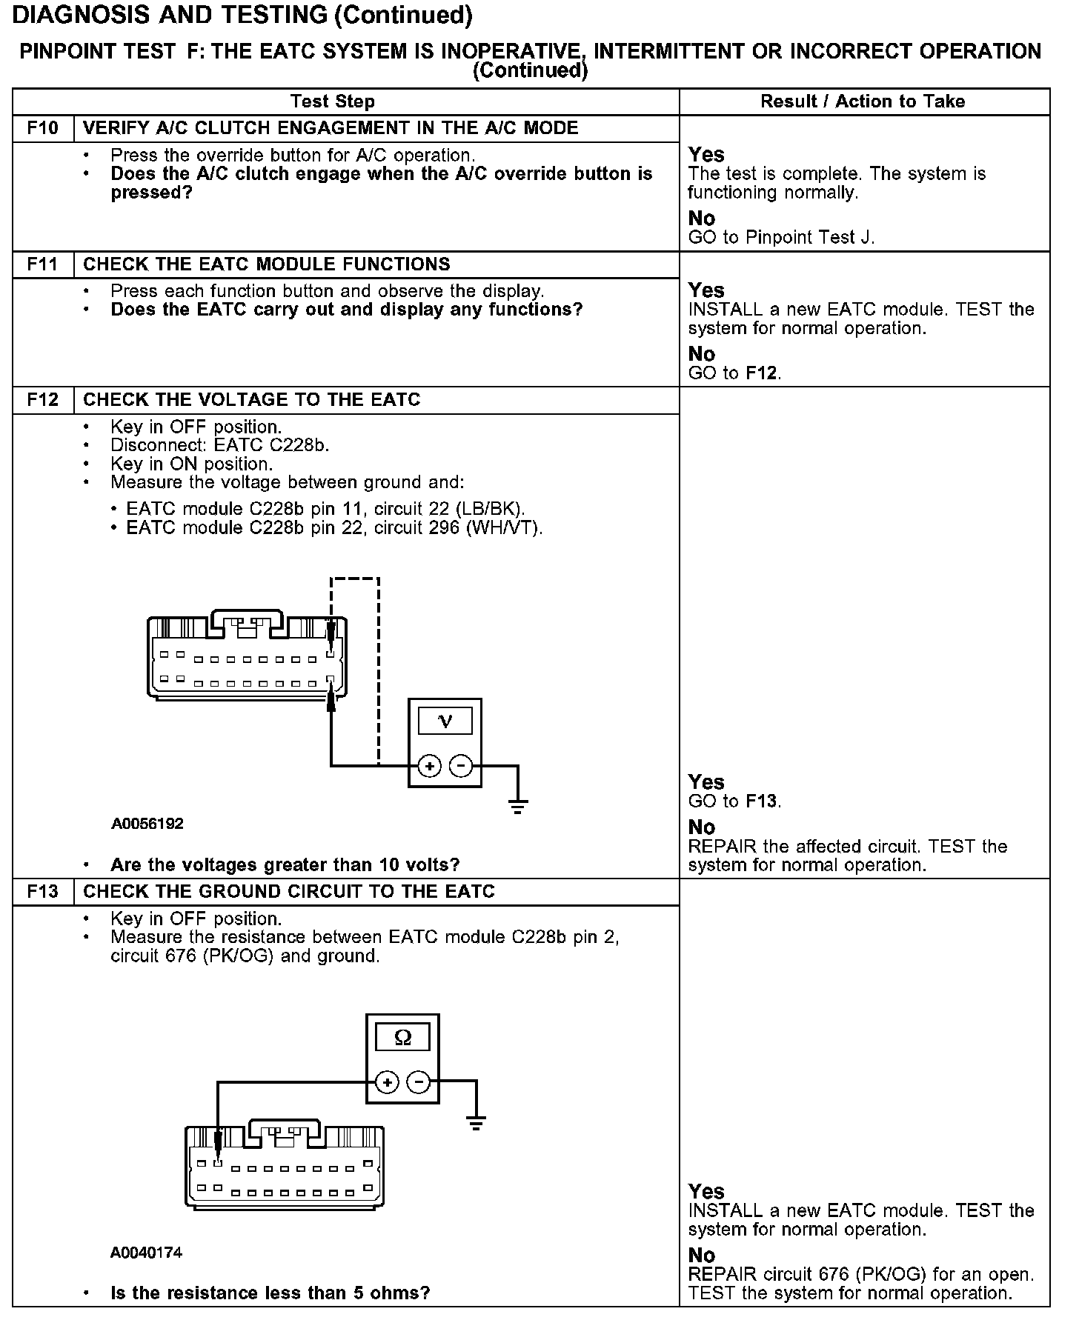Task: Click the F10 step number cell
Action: coord(42,128)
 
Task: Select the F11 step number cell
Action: coord(42,264)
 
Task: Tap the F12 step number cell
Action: coord(42,400)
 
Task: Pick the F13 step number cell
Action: coord(42,891)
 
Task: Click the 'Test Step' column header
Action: coord(333,101)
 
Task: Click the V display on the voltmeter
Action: coord(445,721)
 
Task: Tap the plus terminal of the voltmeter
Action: coord(429,765)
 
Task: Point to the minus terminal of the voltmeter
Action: coord(461,765)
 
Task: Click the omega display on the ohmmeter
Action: coord(402,1037)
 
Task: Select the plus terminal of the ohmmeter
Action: coord(387,1082)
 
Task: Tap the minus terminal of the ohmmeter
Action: coord(419,1082)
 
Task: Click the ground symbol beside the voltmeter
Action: coord(517,806)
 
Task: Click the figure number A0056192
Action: coord(147,824)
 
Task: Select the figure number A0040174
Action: coord(146,1252)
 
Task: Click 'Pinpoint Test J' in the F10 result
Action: coord(810,238)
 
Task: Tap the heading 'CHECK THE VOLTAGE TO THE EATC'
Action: coord(251,400)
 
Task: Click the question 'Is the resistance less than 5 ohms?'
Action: coord(270,1293)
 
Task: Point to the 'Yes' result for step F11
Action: coord(705,290)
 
